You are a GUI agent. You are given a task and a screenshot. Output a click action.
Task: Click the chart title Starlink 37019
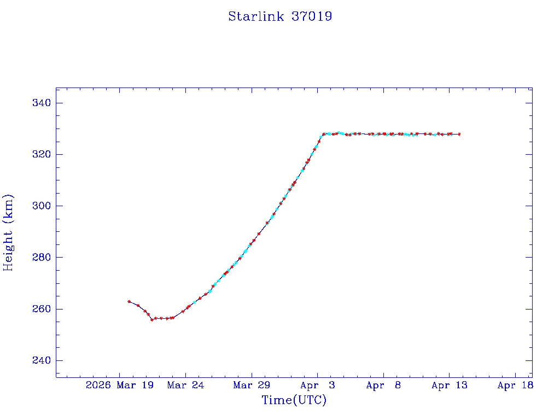tap(280, 16)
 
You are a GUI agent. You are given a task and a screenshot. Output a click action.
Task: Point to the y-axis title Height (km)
tap(8, 232)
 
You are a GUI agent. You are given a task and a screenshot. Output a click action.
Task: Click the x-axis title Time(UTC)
tap(294, 400)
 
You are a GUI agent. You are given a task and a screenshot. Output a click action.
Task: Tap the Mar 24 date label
tap(185, 386)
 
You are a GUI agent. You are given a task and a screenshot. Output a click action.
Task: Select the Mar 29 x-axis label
tap(252, 386)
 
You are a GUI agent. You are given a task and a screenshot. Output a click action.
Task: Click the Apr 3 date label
tap(318, 386)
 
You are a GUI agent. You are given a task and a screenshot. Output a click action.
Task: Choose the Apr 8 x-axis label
tap(383, 386)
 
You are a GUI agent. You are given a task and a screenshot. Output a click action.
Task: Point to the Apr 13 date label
tap(450, 386)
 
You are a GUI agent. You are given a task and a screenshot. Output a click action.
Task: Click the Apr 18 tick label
tap(516, 386)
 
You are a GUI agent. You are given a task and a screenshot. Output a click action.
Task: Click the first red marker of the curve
tap(129, 301)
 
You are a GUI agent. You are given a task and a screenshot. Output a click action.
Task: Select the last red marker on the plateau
tap(459, 134)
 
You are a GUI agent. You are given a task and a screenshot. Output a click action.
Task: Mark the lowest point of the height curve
tap(152, 319)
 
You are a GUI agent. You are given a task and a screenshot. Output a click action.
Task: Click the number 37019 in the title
tap(312, 16)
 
